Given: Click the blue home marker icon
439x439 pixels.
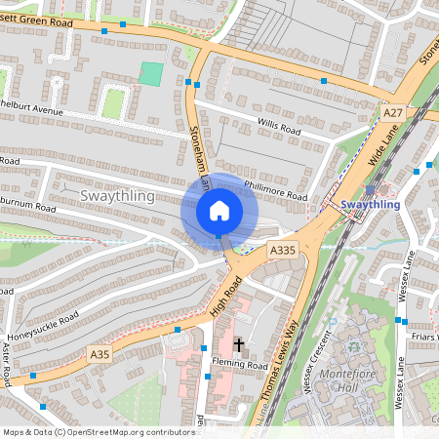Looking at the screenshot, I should (219, 211).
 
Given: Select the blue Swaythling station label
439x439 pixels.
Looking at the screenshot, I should (371, 205).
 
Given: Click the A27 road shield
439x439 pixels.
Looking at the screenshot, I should (392, 113).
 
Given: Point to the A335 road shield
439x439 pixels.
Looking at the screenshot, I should (282, 251).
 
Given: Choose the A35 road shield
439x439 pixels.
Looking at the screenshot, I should (100, 356).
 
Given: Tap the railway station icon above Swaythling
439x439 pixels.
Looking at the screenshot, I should (370, 190).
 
